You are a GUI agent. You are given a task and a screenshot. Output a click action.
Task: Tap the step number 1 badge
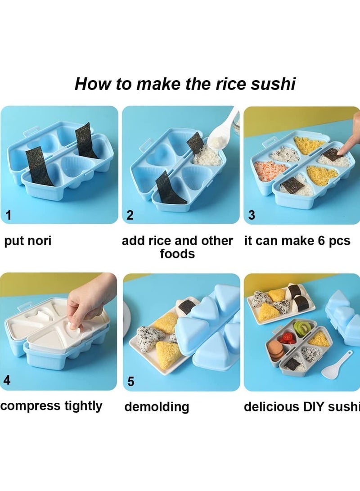point(8,215)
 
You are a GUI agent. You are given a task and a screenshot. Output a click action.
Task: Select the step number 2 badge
point(130,215)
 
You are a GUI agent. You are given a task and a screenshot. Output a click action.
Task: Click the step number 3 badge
point(252,215)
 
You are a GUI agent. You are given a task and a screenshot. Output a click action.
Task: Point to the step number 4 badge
point(7,380)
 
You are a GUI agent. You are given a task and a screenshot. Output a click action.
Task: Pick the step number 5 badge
point(130,382)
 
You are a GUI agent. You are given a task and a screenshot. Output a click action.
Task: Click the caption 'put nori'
point(28,241)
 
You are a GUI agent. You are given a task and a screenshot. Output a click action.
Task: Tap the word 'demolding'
point(156,407)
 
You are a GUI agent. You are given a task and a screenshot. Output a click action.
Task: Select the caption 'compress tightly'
point(51,406)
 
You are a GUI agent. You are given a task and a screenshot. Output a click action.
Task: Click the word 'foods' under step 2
point(177,254)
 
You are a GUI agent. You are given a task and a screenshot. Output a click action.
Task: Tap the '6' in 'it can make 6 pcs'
point(322,241)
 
